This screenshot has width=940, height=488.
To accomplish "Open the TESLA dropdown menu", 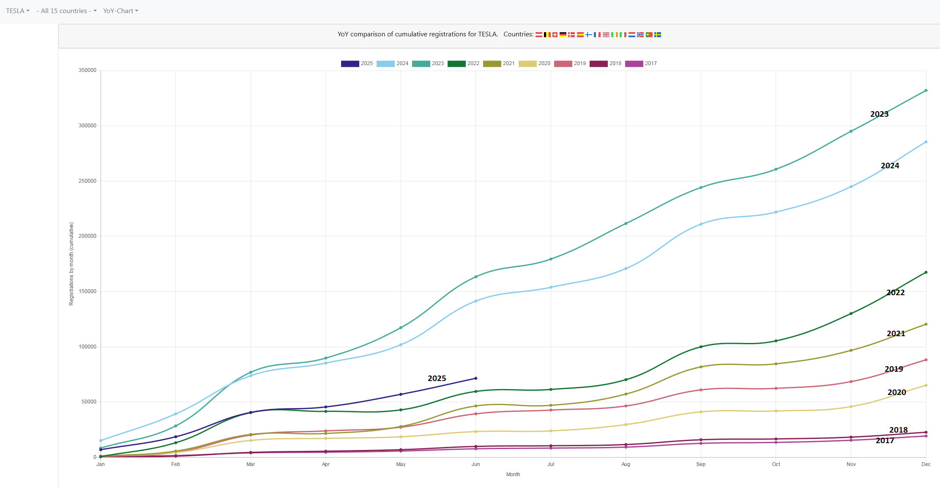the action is coord(18,11).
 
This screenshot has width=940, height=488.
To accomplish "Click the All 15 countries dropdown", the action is coord(66,11).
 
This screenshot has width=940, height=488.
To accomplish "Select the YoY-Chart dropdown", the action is coord(120,11).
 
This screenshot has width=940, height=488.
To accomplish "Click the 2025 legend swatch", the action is coord(350,63).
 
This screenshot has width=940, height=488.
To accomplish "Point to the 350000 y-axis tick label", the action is coord(87,70).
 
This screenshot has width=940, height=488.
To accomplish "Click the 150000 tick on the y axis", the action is coord(87,291).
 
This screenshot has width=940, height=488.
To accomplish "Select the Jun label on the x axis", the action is coord(476,464).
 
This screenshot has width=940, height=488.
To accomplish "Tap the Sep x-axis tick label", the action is coord(701,464).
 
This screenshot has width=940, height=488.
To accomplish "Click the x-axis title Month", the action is coord(513,474).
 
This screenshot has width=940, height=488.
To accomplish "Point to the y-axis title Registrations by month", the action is coord(71,264).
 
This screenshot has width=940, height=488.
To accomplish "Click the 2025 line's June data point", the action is coord(476,378).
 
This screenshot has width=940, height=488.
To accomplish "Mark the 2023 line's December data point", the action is coord(926,90).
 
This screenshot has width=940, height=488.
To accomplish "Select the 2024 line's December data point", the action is coord(926,142).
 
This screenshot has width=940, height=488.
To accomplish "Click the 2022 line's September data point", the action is coord(701,347).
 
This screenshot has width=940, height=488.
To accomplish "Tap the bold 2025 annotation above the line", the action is coord(437,378).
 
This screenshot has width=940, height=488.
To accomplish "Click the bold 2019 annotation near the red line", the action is coord(894,369).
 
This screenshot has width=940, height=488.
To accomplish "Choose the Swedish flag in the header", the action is coord(658,35).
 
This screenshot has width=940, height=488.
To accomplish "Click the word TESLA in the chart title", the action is coord(487,34).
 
